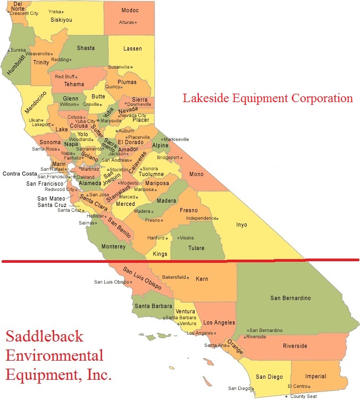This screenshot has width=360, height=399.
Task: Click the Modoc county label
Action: point(130,10)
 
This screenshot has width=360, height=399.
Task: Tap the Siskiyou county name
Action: point(61,20)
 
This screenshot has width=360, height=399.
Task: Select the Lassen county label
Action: point(132,48)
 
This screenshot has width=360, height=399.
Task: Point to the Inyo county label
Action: point(241,225)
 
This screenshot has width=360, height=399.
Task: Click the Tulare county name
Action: point(196,247)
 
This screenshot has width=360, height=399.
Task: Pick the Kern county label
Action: point(202,279)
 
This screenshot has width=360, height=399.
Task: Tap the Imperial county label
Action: point(316,376)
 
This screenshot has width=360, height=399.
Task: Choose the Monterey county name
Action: point(114,246)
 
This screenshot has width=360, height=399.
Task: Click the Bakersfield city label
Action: point(174,277)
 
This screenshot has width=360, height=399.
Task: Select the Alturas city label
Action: point(126,22)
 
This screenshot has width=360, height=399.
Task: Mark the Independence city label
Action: point(200,218)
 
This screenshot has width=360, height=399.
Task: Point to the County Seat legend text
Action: point(304,396)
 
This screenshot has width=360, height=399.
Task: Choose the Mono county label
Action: point(196,174)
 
